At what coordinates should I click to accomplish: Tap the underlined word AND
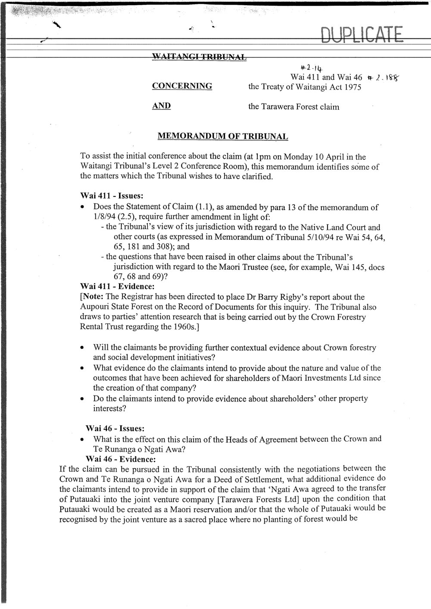(162, 106)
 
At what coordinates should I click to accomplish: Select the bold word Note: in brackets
(94, 297)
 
